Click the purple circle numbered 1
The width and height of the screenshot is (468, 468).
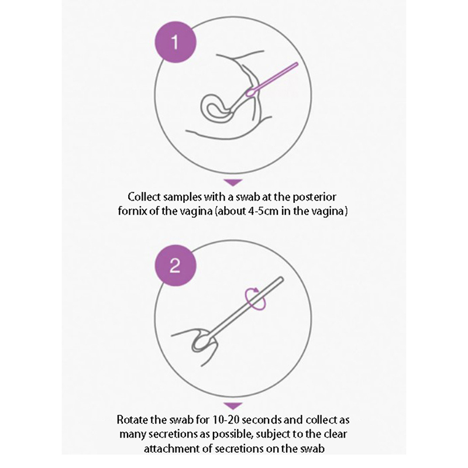pyautogui.click(x=175, y=42)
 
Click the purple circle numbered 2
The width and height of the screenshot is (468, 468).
pyautogui.click(x=175, y=266)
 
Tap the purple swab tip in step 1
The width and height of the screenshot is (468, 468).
pyautogui.click(x=250, y=92)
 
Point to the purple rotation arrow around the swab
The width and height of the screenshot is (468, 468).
pyautogui.click(x=255, y=298)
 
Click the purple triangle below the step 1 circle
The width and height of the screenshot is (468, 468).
pyautogui.click(x=233, y=183)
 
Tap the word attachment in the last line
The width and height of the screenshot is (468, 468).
pyautogui.click(x=170, y=449)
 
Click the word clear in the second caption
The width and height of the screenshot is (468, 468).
pyautogui.click(x=335, y=434)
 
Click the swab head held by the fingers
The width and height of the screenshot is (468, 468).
pyautogui.click(x=203, y=341)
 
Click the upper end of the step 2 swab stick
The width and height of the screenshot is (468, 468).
pyautogui.click(x=281, y=279)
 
